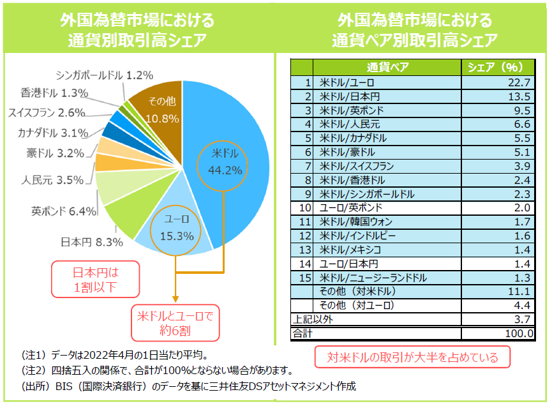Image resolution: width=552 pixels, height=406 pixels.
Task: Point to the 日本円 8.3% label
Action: click(x=82, y=242)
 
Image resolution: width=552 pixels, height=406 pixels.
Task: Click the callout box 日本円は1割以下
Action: click(x=95, y=279)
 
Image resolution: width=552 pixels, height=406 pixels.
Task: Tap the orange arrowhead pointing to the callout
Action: click(x=174, y=298)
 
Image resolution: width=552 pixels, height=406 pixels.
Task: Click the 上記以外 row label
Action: click(x=312, y=319)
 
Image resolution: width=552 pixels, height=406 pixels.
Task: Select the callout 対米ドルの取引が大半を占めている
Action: click(x=414, y=356)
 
